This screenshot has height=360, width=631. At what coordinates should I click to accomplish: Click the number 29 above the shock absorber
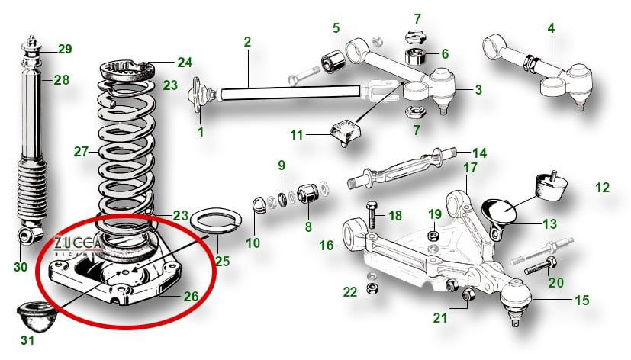pos(65,50)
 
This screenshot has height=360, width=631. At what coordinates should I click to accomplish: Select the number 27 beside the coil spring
pos(82,151)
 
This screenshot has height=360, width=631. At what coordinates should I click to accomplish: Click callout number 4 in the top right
pos(550,28)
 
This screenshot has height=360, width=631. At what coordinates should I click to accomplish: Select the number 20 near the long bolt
pos(555,282)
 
